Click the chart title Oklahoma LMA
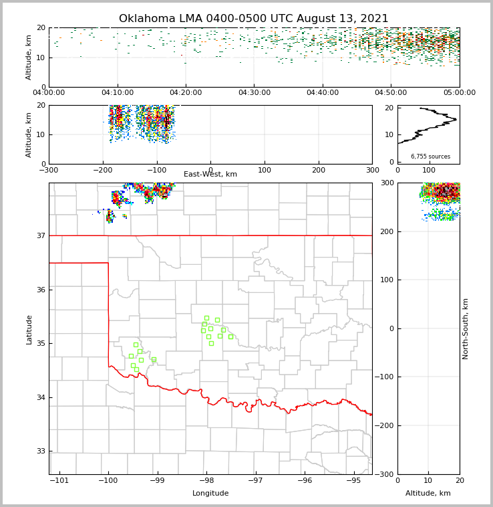click(x=253, y=19)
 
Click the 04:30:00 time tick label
click(x=254, y=93)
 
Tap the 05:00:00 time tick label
click(x=459, y=93)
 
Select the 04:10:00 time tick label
click(x=117, y=93)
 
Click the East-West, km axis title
click(x=210, y=175)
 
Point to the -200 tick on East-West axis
click(x=102, y=170)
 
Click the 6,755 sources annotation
click(x=430, y=157)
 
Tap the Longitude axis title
click(x=210, y=494)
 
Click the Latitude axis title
click(x=29, y=329)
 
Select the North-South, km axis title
click(x=466, y=328)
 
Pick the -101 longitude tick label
click(x=59, y=481)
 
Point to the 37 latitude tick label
click(x=40, y=235)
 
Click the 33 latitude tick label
click(x=40, y=451)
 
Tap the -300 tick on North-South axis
click(x=387, y=474)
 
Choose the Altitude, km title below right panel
click(x=428, y=494)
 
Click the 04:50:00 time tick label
click(x=391, y=93)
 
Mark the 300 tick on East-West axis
click(x=372, y=170)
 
